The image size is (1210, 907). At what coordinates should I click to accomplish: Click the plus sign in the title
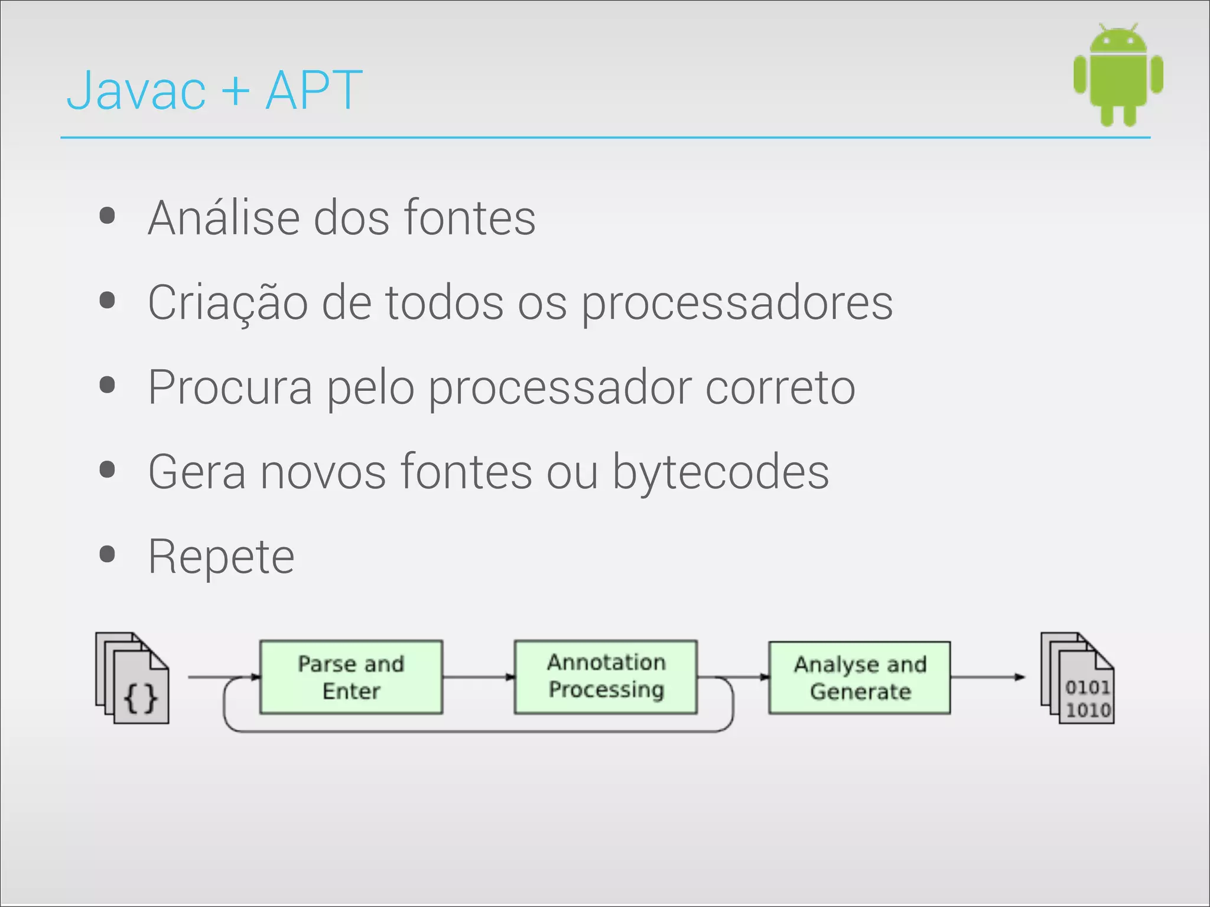coord(235,92)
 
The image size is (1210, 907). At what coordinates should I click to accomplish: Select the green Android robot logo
coord(1118,75)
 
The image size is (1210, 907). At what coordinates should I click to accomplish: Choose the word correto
coord(780,388)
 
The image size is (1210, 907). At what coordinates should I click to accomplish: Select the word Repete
coord(221,557)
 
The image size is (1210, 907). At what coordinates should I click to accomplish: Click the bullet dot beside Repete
coord(108,554)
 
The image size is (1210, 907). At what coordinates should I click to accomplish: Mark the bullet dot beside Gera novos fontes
coord(108,470)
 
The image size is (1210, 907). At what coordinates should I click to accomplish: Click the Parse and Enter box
coord(351,677)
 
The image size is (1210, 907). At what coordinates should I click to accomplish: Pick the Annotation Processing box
coord(606,677)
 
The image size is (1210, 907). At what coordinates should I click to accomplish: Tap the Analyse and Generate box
coord(860,678)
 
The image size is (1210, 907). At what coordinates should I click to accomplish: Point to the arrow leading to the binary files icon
coord(988,677)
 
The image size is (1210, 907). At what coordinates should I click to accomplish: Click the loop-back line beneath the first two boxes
coord(479,732)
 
